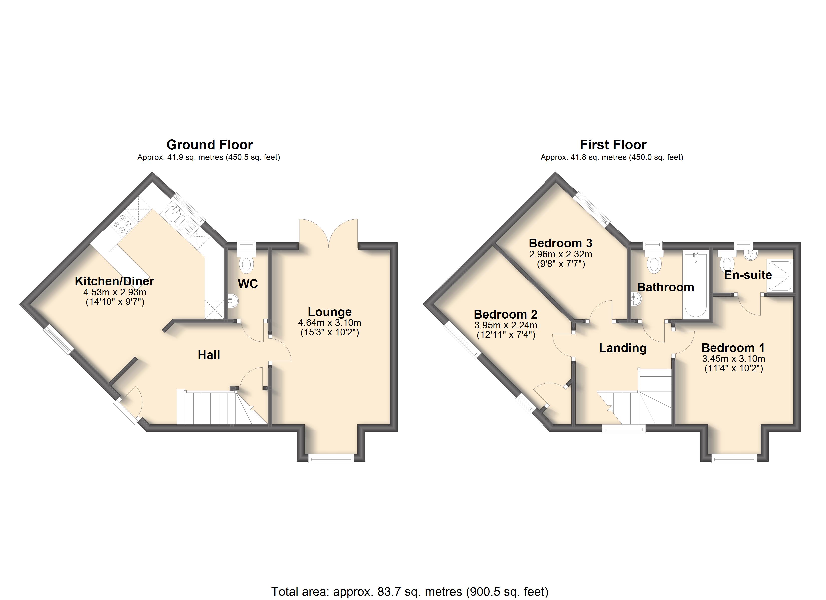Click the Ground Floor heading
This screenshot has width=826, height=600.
tap(210, 145)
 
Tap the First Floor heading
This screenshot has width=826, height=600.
tap(613, 145)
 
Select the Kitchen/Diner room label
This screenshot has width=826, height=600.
tap(114, 281)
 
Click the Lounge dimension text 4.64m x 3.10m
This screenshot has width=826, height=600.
tap(330, 323)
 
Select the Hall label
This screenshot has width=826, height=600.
tap(209, 355)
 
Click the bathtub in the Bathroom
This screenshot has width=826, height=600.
tap(696, 285)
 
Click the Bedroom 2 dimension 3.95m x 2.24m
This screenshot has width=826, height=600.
tap(506, 325)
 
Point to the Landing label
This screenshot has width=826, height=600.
tap(623, 348)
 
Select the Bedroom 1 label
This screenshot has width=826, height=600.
tap(733, 348)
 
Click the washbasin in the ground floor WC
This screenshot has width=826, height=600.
tap(233, 300)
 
